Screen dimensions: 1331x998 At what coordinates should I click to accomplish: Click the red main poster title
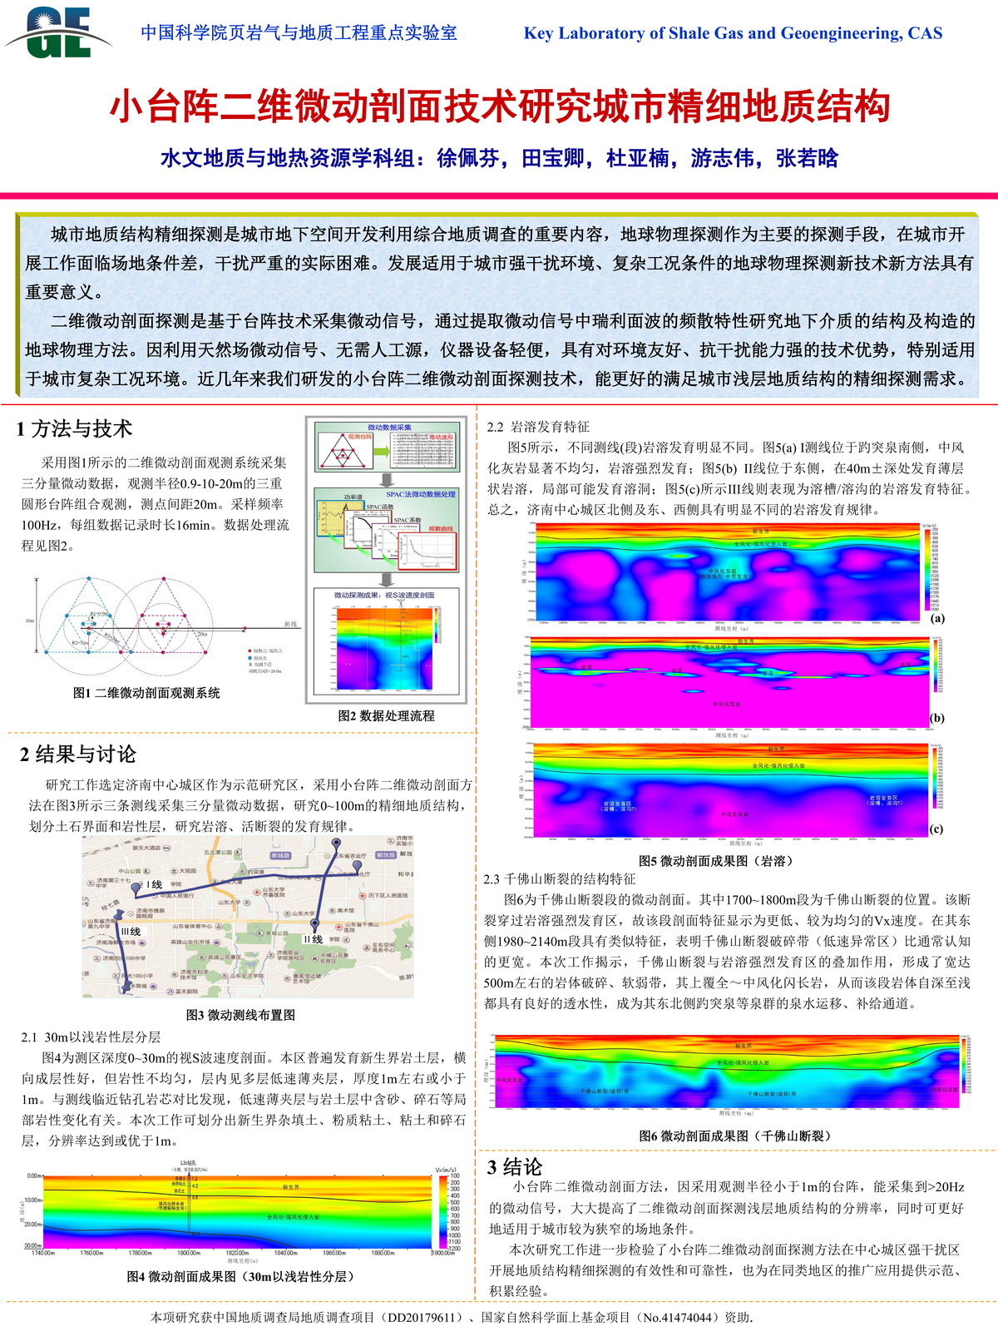pos(500,106)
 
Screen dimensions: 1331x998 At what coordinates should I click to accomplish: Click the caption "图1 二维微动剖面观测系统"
pos(146,693)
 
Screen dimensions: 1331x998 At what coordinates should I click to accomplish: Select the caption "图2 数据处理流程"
pos(386,715)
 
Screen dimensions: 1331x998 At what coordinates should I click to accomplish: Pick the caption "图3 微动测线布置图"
pos(240,1015)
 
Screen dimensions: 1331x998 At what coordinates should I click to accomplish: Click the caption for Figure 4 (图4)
pos(240,1276)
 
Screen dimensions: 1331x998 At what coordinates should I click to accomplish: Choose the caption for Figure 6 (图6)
pos(735,1136)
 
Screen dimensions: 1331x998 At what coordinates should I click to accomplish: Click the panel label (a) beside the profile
pos(937,618)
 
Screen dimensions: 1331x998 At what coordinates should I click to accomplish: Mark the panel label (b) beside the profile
pos(937,718)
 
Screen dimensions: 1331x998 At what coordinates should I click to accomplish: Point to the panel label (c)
pos(936,829)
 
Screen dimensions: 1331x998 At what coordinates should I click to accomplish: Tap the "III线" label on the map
pos(131,932)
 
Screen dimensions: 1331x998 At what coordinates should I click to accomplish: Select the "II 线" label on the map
pos(313,939)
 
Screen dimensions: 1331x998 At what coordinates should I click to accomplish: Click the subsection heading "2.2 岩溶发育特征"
pos(537,427)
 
